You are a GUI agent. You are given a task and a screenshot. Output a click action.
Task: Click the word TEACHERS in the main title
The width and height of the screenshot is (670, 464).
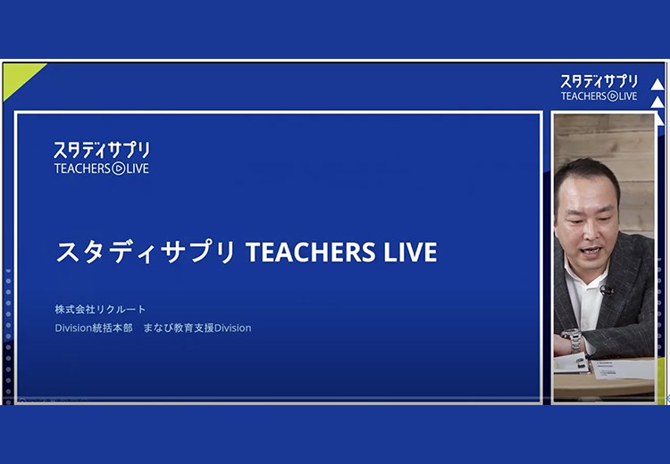point(311,252)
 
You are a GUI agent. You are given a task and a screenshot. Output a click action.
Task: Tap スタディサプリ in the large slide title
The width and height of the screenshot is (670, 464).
point(146,252)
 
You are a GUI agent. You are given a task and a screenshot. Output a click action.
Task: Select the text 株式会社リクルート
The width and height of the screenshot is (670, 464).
point(100,309)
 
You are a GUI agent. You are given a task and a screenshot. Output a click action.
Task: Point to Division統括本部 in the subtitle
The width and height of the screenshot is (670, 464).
point(94,327)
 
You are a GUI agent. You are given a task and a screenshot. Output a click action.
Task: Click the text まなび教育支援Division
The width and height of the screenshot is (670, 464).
point(197,327)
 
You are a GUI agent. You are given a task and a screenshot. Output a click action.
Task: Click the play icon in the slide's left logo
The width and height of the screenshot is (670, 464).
point(118,169)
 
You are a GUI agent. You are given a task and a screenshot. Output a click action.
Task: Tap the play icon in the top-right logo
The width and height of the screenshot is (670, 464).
point(612,96)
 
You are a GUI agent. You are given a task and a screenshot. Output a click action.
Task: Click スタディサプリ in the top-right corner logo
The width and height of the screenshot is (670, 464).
point(599,81)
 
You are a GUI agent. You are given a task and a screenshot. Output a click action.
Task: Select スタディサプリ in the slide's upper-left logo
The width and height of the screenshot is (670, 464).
point(102,150)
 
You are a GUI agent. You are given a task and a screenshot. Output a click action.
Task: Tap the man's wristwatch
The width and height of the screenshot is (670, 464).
point(573,338)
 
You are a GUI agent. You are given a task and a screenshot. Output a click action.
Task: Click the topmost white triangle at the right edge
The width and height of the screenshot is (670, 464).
point(657,84)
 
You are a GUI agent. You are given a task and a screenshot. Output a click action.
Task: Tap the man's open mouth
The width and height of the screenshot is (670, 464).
point(590,252)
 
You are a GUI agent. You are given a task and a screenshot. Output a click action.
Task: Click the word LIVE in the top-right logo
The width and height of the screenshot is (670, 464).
point(628,96)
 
